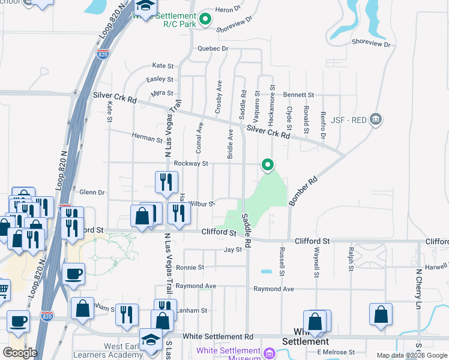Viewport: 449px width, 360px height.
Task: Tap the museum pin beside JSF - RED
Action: coord(376,118)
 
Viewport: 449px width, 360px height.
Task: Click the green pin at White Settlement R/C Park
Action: coord(206,19)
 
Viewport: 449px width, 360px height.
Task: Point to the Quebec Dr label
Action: coord(213,49)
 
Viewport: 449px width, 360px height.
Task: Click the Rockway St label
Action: coord(190,163)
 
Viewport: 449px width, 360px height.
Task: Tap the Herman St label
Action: coord(148,139)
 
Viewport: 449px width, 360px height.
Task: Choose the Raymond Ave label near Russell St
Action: coord(273,289)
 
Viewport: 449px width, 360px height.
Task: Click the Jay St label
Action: coord(233,250)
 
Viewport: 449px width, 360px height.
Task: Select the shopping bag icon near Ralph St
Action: coord(381,314)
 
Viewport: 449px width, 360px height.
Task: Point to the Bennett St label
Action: coord(299,95)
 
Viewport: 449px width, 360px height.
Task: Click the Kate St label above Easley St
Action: coord(163,65)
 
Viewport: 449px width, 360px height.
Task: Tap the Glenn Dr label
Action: coord(92,193)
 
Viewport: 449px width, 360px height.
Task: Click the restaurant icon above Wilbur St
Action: coord(166,181)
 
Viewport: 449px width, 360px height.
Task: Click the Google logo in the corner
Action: coord(20,353)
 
